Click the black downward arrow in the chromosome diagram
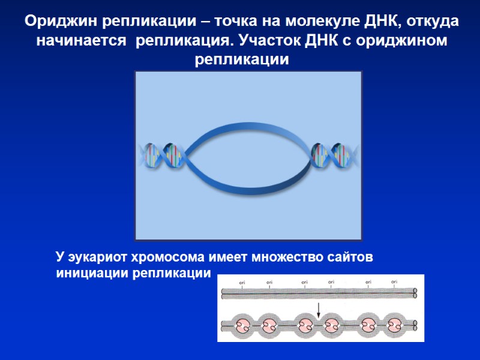point(319,310)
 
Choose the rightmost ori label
point(394,282)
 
